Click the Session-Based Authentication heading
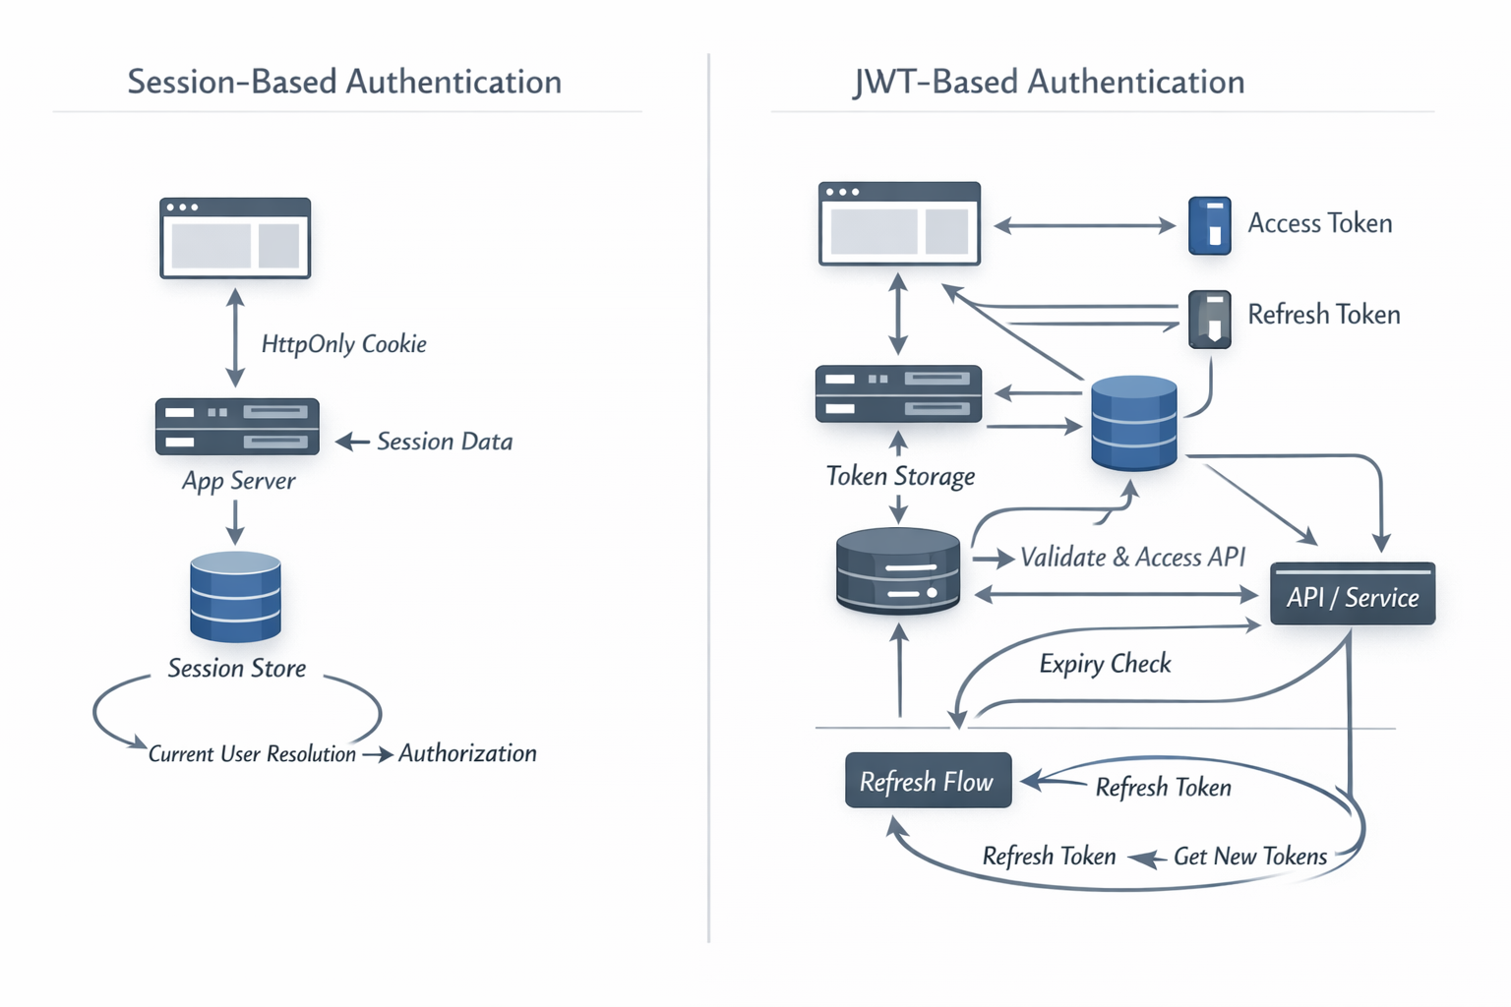344,82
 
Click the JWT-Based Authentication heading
1049,82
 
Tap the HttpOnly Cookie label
343,344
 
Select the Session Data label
445,442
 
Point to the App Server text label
238,481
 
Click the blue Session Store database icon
235,597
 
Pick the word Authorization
467,753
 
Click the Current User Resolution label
252,754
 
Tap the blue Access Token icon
1209,225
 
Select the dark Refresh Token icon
1209,319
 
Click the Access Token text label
1319,224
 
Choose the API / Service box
1352,595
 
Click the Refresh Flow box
927,781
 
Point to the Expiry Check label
1105,664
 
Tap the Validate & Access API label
1132,558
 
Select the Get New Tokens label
1249,857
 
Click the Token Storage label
900,477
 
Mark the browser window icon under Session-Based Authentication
235,238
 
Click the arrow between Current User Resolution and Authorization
378,754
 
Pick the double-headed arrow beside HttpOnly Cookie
235,337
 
